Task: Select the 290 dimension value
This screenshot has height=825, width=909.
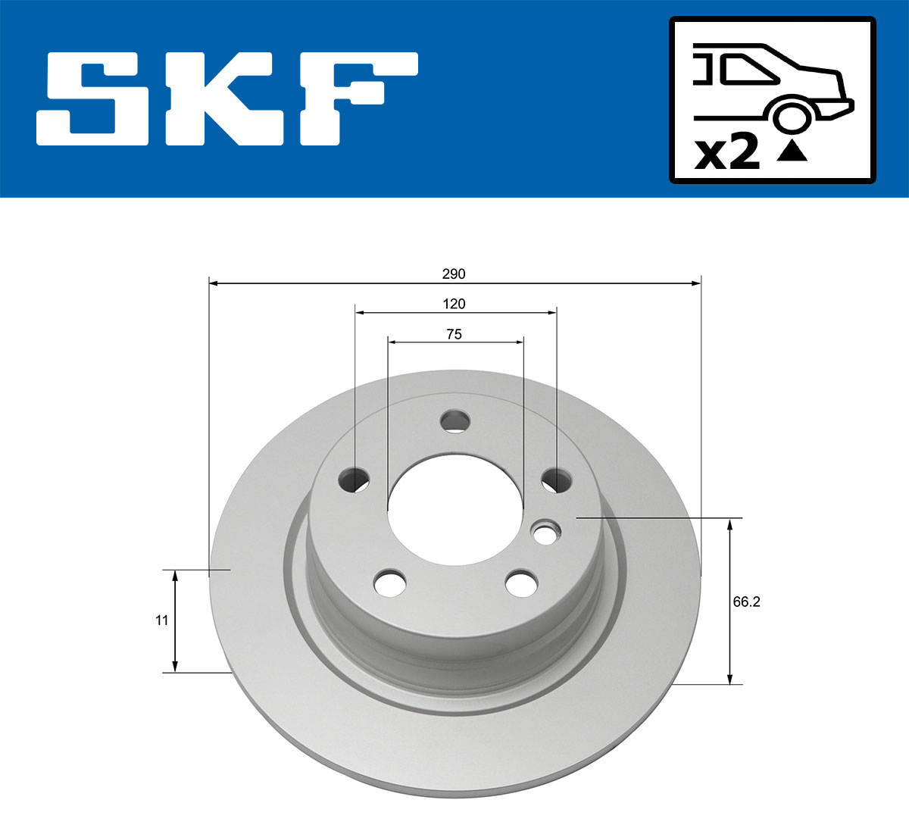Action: point(454,273)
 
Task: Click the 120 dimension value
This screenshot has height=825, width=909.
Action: point(454,304)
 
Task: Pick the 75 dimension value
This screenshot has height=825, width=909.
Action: point(454,333)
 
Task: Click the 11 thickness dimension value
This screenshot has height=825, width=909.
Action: point(161,620)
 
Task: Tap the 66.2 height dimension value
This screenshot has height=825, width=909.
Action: point(746,602)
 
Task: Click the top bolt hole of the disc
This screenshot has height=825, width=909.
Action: point(455,420)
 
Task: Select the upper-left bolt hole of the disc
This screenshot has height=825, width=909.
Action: point(354,479)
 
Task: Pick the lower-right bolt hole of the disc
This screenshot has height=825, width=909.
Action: point(522,583)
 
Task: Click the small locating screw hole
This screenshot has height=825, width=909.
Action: point(545,533)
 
